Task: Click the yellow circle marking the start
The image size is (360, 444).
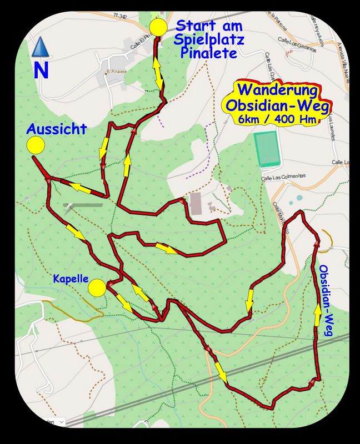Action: click(x=158, y=27)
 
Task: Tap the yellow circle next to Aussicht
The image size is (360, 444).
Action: click(x=36, y=146)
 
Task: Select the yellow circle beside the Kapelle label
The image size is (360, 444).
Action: click(x=97, y=287)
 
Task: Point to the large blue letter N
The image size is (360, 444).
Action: click(x=41, y=70)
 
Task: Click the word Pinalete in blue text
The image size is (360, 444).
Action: click(x=209, y=53)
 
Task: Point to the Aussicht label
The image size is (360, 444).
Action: click(x=57, y=129)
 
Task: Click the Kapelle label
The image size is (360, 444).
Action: click(x=71, y=279)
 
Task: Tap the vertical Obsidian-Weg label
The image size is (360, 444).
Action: click(x=326, y=300)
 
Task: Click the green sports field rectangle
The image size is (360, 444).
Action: click(x=267, y=149)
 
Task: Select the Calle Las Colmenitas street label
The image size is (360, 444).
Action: click(x=284, y=176)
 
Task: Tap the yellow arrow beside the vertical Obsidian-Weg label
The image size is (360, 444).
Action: click(x=317, y=316)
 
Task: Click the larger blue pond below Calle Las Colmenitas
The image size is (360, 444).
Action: click(x=299, y=197)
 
